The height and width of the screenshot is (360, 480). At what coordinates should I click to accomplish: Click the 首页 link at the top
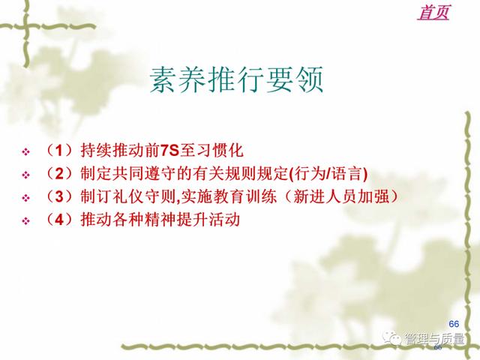433,12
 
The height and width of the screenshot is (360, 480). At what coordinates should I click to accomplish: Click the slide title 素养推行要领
237,79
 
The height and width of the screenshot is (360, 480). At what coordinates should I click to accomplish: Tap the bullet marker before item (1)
26,151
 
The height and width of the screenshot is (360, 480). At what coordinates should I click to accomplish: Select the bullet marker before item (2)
26,175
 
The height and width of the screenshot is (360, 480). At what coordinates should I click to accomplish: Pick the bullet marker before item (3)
26,198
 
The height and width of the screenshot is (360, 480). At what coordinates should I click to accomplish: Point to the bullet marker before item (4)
26,220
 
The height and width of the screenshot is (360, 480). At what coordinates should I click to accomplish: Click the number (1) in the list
59,150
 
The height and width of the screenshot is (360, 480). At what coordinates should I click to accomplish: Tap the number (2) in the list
59,173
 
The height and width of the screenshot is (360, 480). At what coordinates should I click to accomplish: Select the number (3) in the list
59,196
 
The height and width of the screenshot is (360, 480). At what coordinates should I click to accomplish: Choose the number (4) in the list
59,220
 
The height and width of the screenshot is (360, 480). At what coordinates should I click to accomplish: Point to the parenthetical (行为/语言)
328,173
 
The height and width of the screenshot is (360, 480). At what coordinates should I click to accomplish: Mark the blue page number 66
454,323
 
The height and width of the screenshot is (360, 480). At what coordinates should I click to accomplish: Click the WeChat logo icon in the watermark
391,338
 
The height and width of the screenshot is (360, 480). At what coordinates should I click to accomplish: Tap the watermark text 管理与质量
435,339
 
